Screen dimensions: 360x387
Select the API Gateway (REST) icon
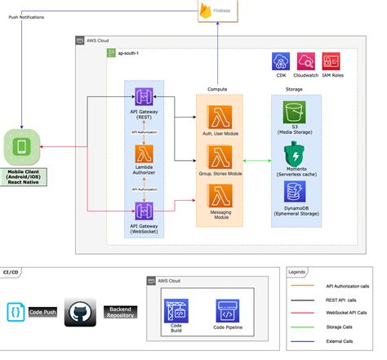(x=145, y=97)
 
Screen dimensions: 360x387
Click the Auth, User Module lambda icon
(x=219, y=113)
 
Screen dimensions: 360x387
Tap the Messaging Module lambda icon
(x=219, y=197)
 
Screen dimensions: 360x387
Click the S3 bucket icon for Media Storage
(x=292, y=113)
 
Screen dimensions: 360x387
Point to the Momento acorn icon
(x=292, y=153)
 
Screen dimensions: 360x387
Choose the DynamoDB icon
(x=292, y=193)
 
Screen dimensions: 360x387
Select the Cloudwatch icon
(x=305, y=61)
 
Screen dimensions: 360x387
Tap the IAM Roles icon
(x=331, y=61)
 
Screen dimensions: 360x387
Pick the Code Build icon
(x=177, y=310)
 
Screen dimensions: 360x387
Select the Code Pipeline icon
(x=228, y=310)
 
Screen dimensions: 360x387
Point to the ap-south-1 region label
(x=130, y=53)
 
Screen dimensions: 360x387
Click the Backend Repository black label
(x=122, y=313)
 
